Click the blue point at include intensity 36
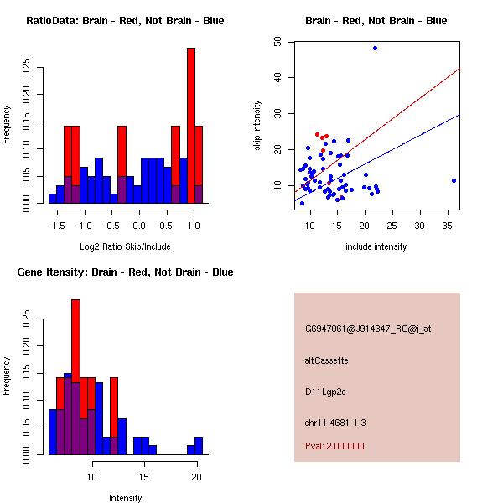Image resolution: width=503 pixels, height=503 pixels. click(x=454, y=180)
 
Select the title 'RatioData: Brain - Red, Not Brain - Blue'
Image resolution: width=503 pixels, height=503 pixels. click(x=125, y=21)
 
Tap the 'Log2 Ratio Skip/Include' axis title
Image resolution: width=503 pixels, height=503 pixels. click(x=125, y=246)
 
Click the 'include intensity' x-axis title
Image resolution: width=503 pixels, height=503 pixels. click(x=376, y=246)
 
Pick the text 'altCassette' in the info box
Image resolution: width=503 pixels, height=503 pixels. click(x=327, y=360)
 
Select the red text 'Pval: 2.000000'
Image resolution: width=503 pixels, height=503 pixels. click(x=334, y=446)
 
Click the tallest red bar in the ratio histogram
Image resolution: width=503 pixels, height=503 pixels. click(x=191, y=126)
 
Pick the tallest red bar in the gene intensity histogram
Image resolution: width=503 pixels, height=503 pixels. click(x=75, y=377)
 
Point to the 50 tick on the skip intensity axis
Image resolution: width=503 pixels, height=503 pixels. click(x=289, y=42)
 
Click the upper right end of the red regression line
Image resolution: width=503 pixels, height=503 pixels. click(x=460, y=69)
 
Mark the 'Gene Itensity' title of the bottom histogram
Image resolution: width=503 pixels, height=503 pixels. click(x=125, y=272)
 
